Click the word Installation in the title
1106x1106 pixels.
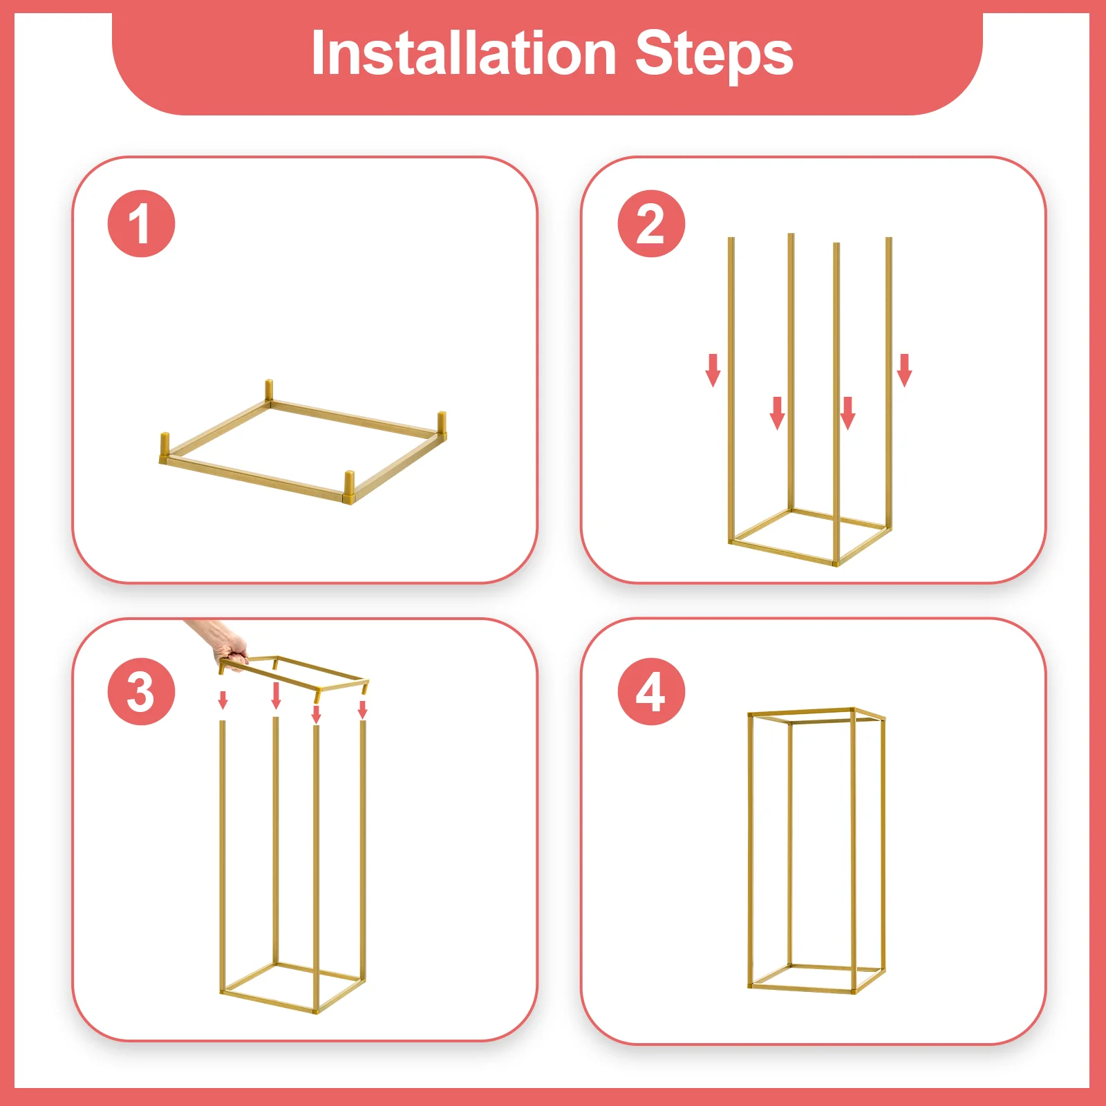[x=463, y=54]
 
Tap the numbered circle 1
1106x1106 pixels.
[x=141, y=224]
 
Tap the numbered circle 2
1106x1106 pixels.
[x=650, y=224]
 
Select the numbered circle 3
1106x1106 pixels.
[x=141, y=692]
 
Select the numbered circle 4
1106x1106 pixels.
[x=650, y=692]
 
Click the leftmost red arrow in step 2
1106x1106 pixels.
[x=713, y=371]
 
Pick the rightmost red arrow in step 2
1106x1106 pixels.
[x=904, y=371]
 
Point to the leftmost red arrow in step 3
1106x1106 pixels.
[x=223, y=700]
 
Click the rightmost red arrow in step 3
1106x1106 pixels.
[x=362, y=709]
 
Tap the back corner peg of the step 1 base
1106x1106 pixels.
[x=269, y=391]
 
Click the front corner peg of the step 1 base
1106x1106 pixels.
[x=350, y=483]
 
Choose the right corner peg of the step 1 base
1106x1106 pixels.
[x=442, y=423]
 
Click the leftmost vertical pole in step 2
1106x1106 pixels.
[x=731, y=387]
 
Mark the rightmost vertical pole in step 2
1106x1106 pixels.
[x=889, y=380]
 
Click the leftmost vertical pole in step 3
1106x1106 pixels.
[x=223, y=850]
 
